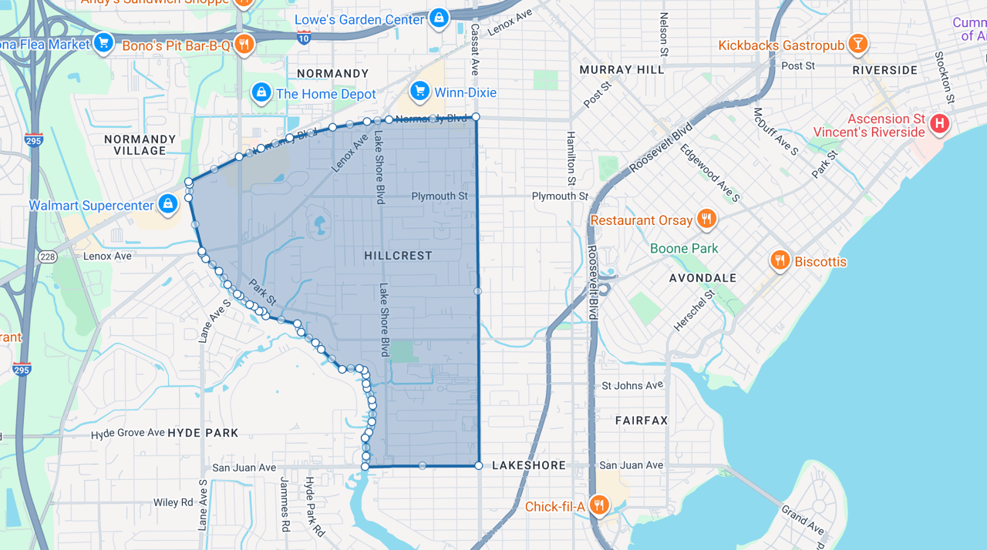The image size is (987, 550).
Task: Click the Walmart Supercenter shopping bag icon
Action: tap(167, 204)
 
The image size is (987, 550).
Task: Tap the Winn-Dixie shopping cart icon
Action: tap(419, 92)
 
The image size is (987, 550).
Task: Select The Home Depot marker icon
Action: tap(261, 93)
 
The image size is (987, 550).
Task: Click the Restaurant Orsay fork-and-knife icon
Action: tap(706, 220)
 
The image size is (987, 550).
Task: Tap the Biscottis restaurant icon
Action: tap(780, 260)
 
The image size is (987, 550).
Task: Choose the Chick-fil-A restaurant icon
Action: tap(599, 505)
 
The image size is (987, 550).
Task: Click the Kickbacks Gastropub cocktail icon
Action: tap(857, 44)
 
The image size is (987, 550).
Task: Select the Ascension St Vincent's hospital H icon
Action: tap(939, 123)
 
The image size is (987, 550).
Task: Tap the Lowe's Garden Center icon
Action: tap(439, 18)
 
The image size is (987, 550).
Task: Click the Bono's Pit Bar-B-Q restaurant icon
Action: tap(244, 44)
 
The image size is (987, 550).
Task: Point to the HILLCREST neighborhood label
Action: tap(398, 255)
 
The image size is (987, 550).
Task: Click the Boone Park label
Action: tap(684, 248)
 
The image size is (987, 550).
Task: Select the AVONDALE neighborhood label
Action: tap(702, 277)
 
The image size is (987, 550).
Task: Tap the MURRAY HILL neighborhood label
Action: tap(622, 69)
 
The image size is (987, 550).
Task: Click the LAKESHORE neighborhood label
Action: tap(528, 465)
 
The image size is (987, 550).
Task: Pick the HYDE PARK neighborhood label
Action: tap(203, 433)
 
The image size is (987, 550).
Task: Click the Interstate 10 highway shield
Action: tap(304, 37)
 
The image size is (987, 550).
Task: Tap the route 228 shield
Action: tap(48, 256)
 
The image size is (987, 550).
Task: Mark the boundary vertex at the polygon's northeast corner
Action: tap(476, 116)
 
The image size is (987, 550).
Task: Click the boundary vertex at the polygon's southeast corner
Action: tap(478, 465)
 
